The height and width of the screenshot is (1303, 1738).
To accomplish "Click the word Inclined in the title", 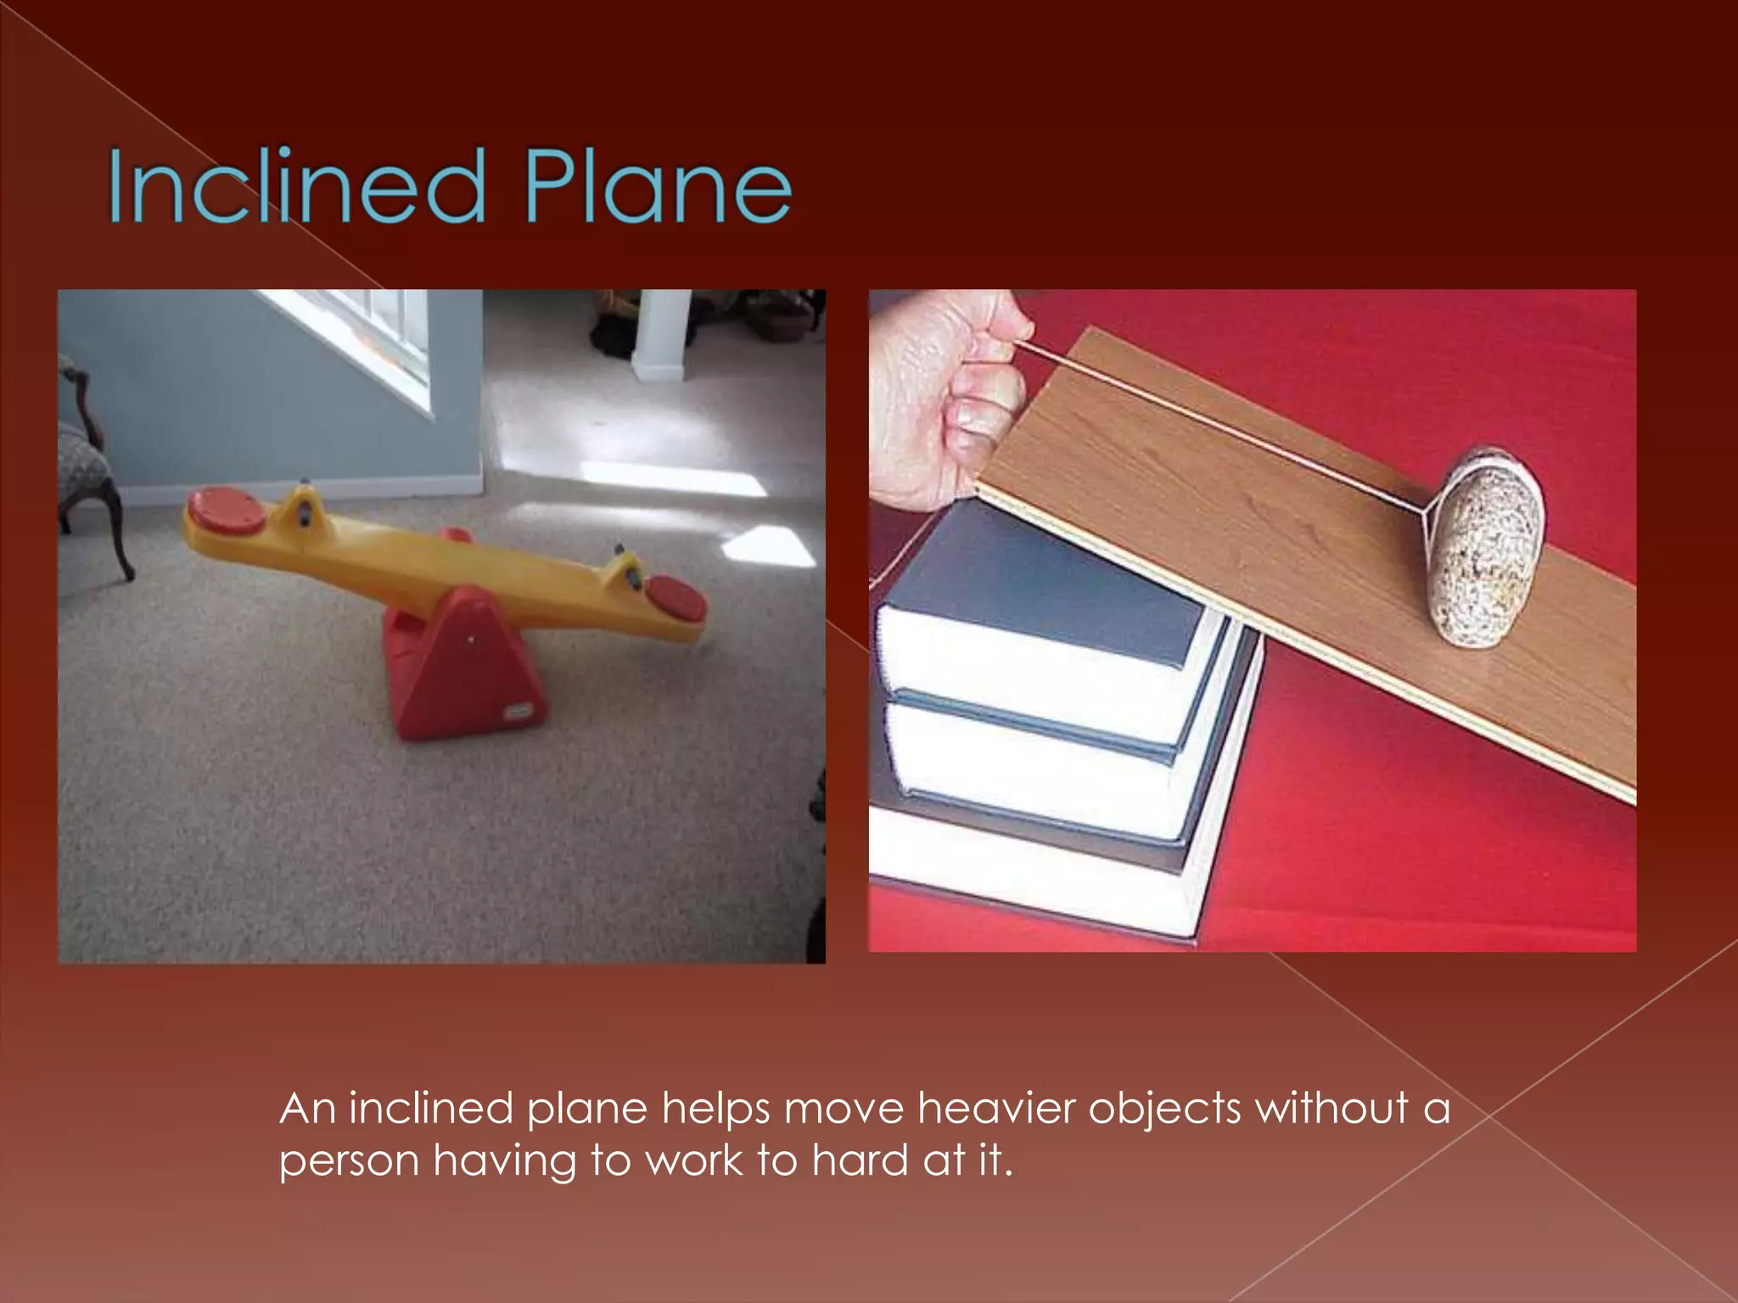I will point(297,187).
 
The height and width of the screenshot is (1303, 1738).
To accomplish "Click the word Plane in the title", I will point(658,187).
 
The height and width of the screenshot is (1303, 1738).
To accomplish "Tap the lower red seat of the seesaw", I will point(676,597).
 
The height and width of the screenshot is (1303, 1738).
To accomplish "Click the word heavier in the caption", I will point(996,1108).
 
